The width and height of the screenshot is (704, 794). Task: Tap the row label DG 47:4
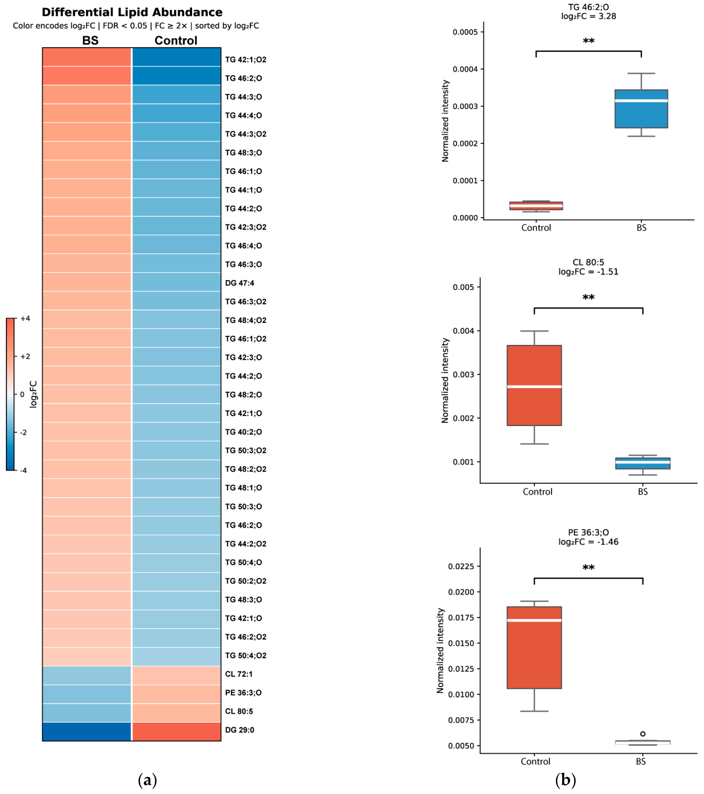coord(239,283)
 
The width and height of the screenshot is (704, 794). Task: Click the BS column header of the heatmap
coord(90,40)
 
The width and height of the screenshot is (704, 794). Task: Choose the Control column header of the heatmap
coord(176,40)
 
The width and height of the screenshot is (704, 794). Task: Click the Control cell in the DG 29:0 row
coord(177,731)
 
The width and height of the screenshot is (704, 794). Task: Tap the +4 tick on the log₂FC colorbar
coord(25,319)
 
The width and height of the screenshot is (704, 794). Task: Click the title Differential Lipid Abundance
coord(132,12)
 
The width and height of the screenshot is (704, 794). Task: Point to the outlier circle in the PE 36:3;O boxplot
coord(643,734)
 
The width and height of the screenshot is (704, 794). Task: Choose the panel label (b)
coord(565,780)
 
